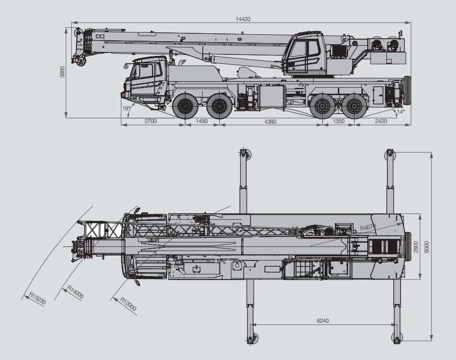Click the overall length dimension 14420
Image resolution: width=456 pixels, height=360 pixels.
point(243,19)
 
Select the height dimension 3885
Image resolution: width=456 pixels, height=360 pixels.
point(62,72)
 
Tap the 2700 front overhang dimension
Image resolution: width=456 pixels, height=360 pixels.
point(151,121)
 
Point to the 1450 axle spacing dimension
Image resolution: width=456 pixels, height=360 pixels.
point(202,121)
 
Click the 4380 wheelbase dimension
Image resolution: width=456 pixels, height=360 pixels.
point(270,122)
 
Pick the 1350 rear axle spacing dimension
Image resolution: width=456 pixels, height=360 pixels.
point(338,121)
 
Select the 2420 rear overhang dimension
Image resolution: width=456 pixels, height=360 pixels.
point(381,121)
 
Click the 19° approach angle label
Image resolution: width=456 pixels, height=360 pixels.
point(126,108)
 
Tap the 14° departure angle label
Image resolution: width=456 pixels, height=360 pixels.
point(401,112)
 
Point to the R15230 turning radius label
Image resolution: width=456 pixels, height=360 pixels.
point(38,299)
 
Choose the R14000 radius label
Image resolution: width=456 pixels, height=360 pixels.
point(76,292)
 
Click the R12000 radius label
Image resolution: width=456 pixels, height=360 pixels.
point(128,304)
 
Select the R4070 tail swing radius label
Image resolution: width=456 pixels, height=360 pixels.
point(368,227)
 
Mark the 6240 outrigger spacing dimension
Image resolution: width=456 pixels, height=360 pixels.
point(323,321)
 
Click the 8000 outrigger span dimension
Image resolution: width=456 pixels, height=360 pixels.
point(427,247)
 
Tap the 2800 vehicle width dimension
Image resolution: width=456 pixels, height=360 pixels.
point(416,247)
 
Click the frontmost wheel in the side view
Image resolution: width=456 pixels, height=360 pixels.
point(183,106)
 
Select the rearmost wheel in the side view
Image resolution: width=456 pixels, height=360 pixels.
point(354,106)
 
